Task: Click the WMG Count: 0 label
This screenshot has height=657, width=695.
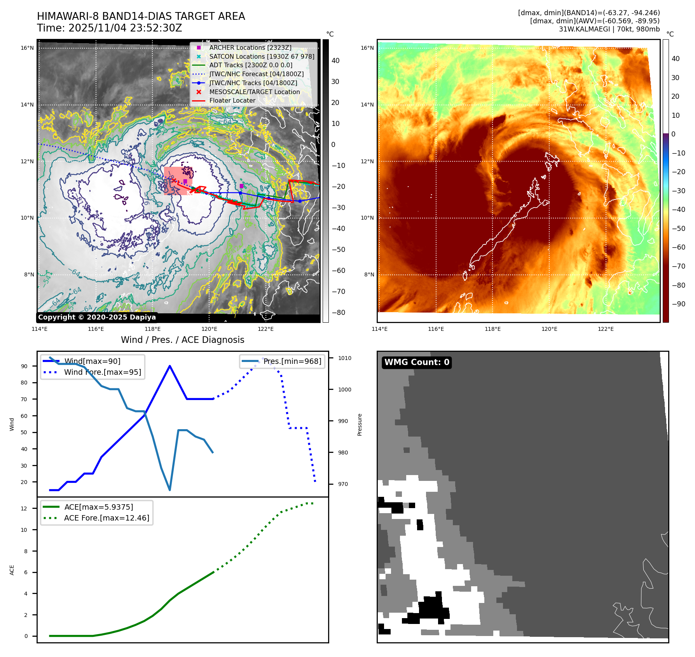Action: point(417,362)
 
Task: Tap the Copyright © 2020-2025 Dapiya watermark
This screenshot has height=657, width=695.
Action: point(97,317)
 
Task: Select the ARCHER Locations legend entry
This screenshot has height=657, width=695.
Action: point(250,47)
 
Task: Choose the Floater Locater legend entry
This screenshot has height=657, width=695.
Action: point(232,100)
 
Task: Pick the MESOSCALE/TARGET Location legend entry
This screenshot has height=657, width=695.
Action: point(254,92)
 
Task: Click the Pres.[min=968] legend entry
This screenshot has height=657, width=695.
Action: point(292,361)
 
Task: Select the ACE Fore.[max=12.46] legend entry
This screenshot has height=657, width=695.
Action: point(107,518)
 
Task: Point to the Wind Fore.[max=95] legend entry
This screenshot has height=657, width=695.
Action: point(103,372)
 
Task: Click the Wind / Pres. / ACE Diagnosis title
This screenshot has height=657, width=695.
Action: point(182,340)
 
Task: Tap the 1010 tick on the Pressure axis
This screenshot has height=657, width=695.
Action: point(344,358)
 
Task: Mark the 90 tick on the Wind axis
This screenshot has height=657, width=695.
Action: point(24,366)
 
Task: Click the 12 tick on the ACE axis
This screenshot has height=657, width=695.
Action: point(24,508)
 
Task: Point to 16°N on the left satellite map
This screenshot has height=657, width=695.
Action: point(27,48)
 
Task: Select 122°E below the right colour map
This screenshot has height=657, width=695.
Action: point(606,329)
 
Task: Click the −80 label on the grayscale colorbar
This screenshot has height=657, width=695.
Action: point(338,313)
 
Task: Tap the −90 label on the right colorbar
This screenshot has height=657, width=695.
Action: point(678,304)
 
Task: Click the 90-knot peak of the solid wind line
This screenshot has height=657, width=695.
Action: point(170,366)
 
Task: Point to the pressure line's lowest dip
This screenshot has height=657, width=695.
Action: point(170,490)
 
